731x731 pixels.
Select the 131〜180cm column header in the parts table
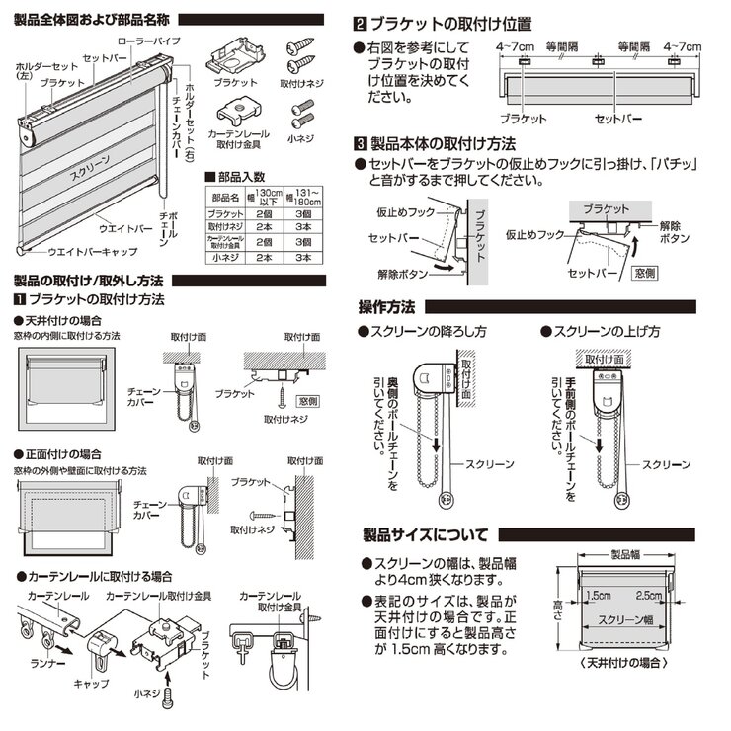(x=307, y=196)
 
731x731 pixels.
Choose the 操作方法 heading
(x=385, y=305)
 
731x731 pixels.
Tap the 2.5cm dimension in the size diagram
(x=650, y=597)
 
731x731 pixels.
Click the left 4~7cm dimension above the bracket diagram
(x=516, y=46)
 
